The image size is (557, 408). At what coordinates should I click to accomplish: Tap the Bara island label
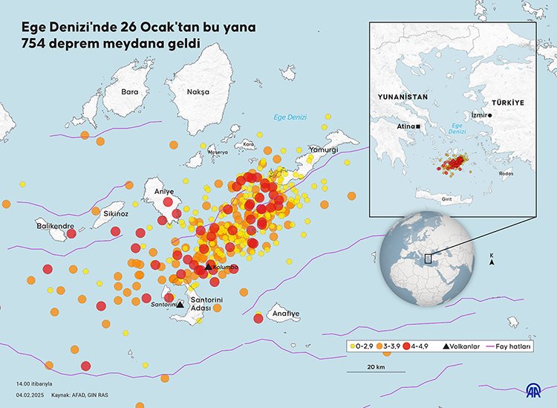pos(129,91)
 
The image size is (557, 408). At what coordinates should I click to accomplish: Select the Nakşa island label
pos(199,91)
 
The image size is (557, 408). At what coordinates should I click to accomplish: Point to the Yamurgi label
pos(323,149)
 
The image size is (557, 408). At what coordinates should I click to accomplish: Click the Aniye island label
pos(163,191)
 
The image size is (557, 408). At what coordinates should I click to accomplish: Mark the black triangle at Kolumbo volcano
pos(209,266)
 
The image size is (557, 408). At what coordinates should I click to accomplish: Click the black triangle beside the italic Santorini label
pos(180,304)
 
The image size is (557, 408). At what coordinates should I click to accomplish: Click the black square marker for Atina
pos(420,127)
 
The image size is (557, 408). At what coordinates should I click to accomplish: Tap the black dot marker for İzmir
pos(491,116)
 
